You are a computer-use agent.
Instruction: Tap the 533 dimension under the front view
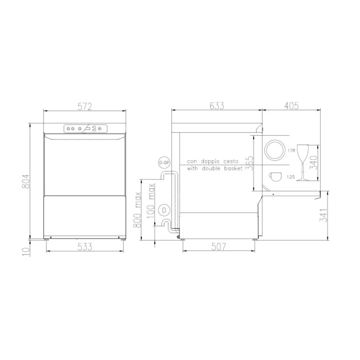click(85, 247)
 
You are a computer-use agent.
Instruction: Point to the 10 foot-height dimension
click(26, 251)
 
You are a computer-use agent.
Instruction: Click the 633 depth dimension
click(217, 106)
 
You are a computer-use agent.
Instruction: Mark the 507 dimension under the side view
click(219, 247)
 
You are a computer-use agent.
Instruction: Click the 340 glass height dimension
click(314, 162)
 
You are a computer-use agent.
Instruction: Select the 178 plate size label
click(291, 150)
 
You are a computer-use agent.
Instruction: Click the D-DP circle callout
click(164, 163)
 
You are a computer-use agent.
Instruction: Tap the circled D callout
click(164, 209)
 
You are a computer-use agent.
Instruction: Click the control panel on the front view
click(85, 129)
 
